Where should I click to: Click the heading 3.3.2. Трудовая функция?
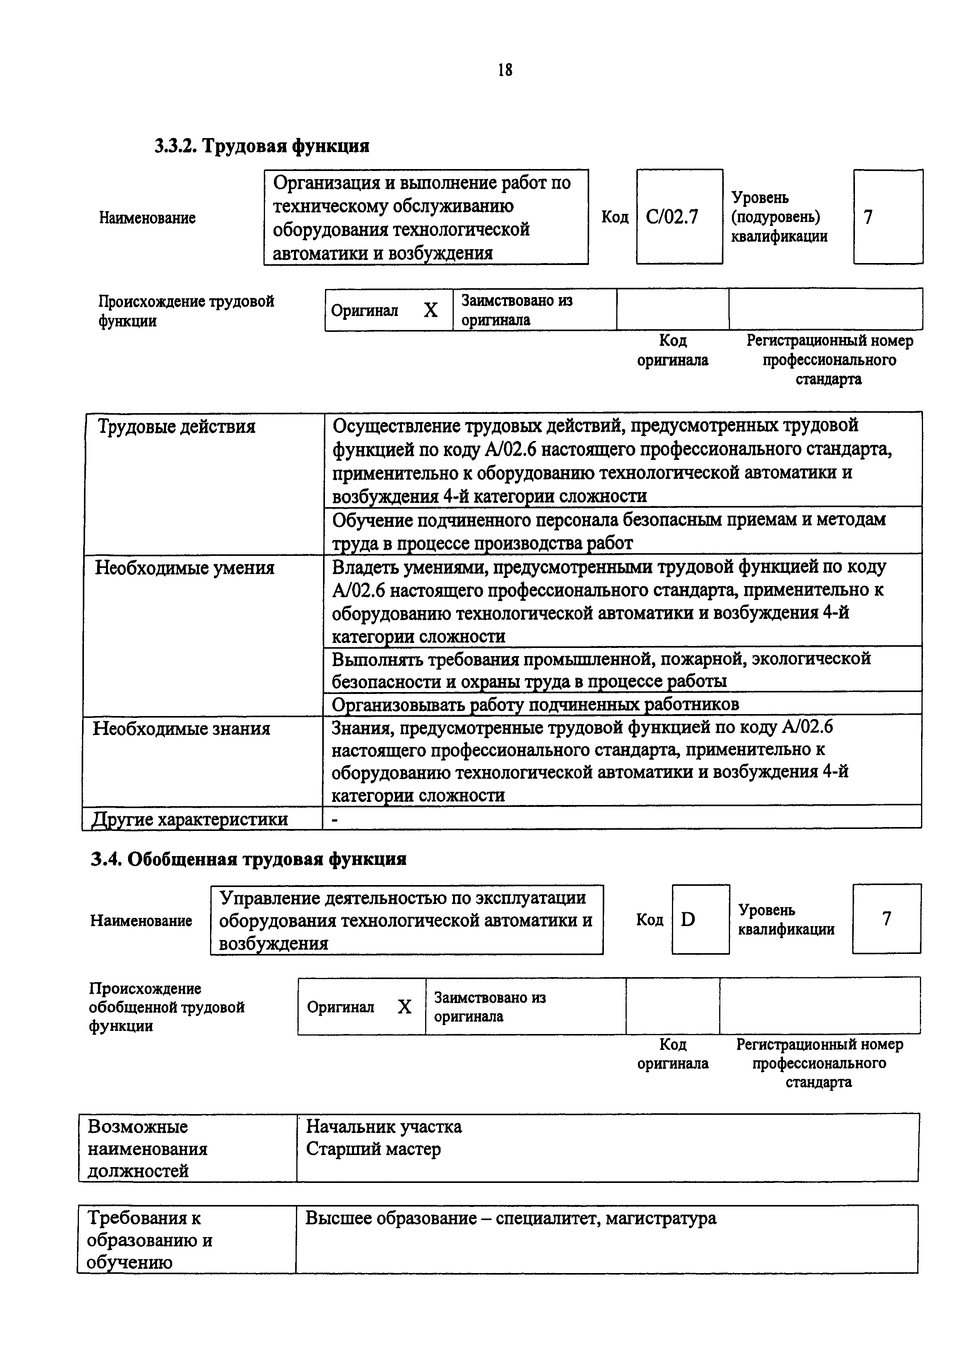coord(262,145)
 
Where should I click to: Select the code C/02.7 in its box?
coord(672,217)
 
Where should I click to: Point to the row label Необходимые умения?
coord(185,568)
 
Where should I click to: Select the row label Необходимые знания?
coord(181,729)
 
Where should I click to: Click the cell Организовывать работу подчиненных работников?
coord(535,704)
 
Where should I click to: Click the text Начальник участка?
coord(383,1127)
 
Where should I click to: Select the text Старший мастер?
coord(373,1150)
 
